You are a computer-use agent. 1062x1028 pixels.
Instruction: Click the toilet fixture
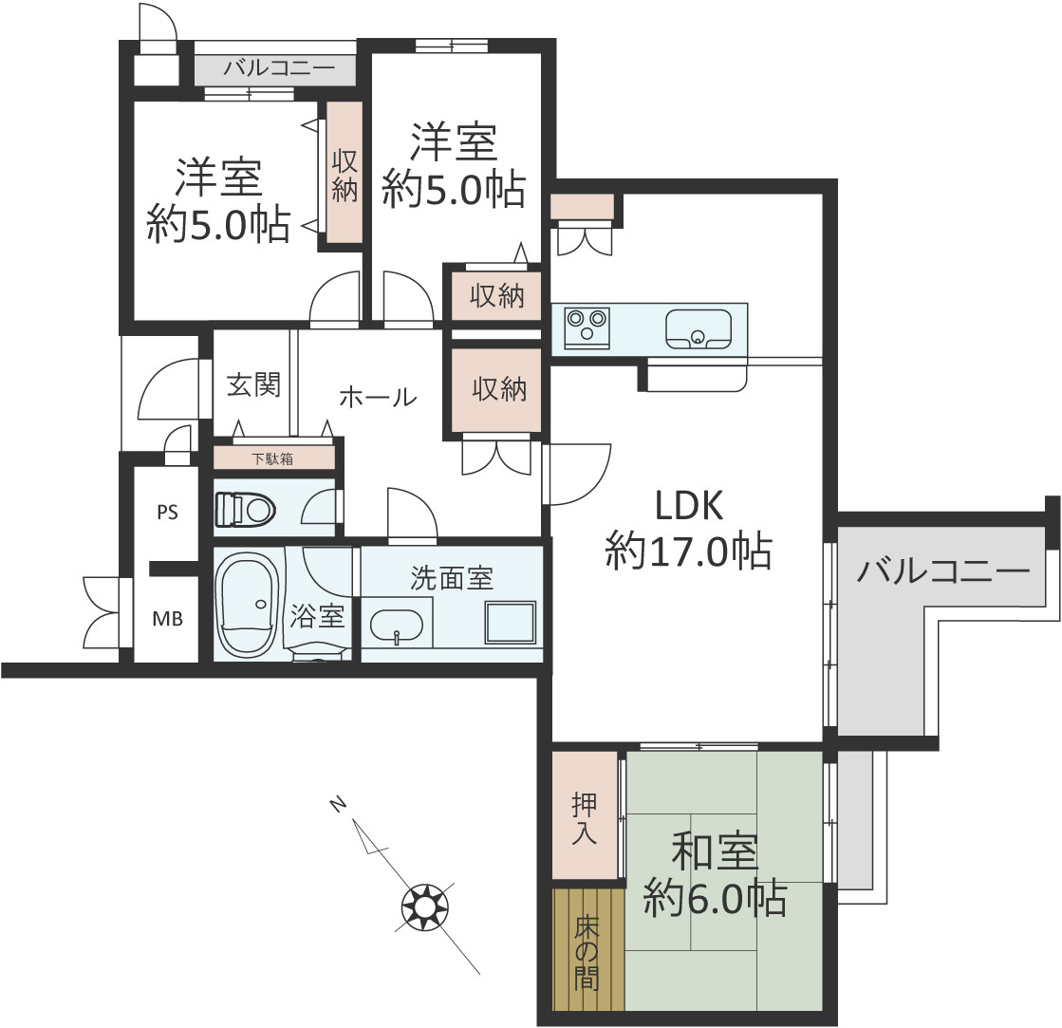pyautogui.click(x=245, y=510)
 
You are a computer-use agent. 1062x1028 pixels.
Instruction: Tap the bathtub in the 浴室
pyautogui.click(x=247, y=604)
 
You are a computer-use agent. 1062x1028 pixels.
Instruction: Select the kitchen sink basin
pyautogui.click(x=699, y=329)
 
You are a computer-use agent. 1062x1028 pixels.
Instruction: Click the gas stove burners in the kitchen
pyautogui.click(x=587, y=327)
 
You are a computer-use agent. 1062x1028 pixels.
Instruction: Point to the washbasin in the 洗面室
pyautogui.click(x=397, y=626)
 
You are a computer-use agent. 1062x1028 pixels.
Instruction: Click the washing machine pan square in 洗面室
pyautogui.click(x=510, y=623)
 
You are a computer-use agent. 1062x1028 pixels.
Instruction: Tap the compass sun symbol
pyautogui.click(x=425, y=907)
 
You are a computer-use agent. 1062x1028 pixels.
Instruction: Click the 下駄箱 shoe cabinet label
pyautogui.click(x=273, y=458)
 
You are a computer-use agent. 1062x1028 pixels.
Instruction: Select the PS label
pyautogui.click(x=167, y=513)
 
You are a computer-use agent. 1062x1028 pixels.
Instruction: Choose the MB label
pyautogui.click(x=167, y=618)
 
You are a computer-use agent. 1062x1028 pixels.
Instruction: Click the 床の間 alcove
pyautogui.click(x=587, y=950)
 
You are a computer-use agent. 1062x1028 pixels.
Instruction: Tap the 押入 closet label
pyautogui.click(x=584, y=818)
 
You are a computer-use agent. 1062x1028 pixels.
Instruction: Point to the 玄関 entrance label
pyautogui.click(x=253, y=384)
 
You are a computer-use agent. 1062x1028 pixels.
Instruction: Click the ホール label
pyautogui.click(x=378, y=397)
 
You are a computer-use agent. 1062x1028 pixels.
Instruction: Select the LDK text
pyautogui.click(x=689, y=505)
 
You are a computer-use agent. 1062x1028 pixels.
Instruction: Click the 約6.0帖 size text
pyautogui.click(x=716, y=899)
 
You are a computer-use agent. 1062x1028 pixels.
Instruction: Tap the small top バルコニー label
pyautogui.click(x=279, y=67)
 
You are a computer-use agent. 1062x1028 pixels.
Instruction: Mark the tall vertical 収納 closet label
pyautogui.click(x=345, y=176)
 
